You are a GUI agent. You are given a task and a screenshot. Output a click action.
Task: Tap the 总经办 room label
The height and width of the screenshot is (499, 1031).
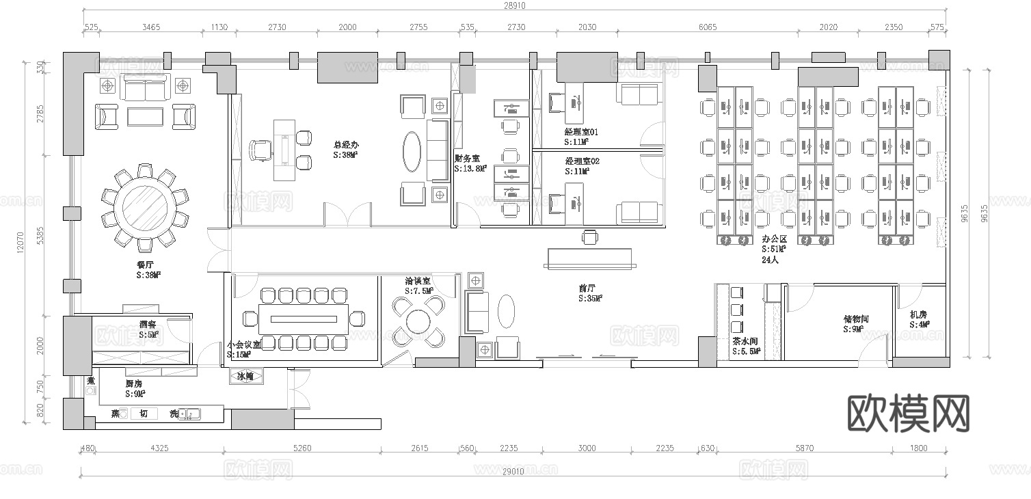click(x=346, y=145)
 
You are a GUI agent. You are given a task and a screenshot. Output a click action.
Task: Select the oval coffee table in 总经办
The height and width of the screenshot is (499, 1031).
click(x=412, y=148)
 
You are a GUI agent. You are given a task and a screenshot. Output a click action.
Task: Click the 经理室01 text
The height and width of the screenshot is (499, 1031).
click(x=581, y=132)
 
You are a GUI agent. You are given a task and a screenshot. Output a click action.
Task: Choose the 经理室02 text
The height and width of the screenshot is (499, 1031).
click(x=582, y=161)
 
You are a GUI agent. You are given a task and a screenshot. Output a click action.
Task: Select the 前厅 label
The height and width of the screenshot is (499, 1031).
click(x=587, y=288)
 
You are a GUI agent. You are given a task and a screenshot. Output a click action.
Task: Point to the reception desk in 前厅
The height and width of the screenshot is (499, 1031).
click(x=590, y=257)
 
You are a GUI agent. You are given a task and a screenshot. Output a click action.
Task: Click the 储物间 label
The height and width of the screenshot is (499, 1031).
click(x=856, y=319)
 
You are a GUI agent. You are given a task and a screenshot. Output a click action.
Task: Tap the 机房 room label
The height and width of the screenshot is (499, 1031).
click(x=918, y=315)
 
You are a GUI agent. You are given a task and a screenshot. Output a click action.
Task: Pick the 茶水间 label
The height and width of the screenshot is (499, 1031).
click(x=745, y=341)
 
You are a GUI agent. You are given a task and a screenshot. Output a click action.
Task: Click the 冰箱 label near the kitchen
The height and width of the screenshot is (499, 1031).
click(x=245, y=377)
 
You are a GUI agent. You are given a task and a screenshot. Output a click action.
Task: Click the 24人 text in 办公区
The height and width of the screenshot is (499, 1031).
click(x=770, y=260)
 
